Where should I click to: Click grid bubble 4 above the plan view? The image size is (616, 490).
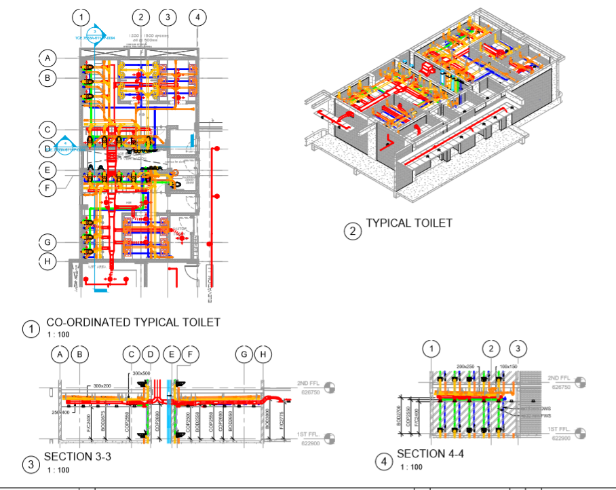tap(197, 17)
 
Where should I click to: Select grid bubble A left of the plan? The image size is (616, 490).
tap(47, 58)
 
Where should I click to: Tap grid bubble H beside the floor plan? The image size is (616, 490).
tap(47, 261)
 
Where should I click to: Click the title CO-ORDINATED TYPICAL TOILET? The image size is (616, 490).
tap(133, 322)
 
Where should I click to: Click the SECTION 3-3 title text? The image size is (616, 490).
tap(77, 457)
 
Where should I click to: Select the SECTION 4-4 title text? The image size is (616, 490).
tap(430, 453)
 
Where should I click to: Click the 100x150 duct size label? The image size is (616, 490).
tap(508, 366)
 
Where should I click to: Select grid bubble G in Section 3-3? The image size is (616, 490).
tap(244, 354)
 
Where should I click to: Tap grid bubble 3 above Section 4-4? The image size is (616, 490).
tap(518, 349)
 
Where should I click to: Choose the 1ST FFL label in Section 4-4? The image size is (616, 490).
tap(562, 430)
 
